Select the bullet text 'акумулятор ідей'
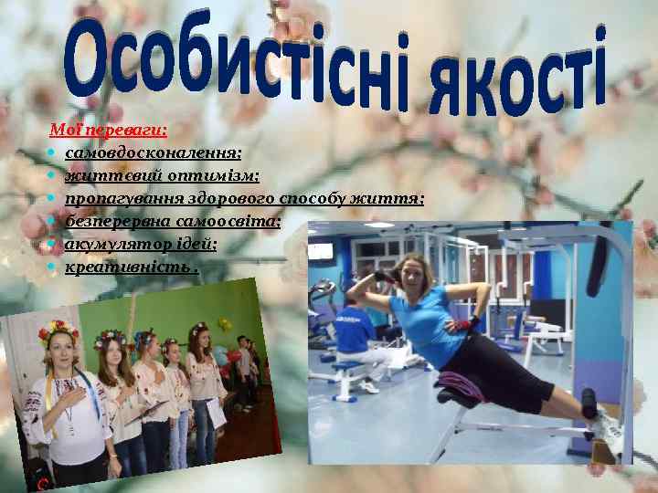[141, 244]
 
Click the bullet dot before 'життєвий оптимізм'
[56, 176]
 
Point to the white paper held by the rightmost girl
[216, 414]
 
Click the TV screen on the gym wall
[321, 250]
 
